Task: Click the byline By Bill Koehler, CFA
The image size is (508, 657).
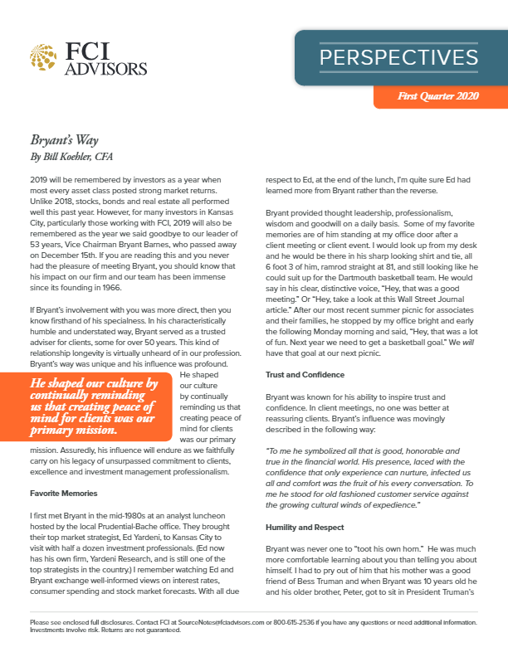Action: [72, 155]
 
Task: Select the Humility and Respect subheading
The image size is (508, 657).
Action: [302, 526]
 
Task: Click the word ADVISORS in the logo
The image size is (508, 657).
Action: [105, 67]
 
